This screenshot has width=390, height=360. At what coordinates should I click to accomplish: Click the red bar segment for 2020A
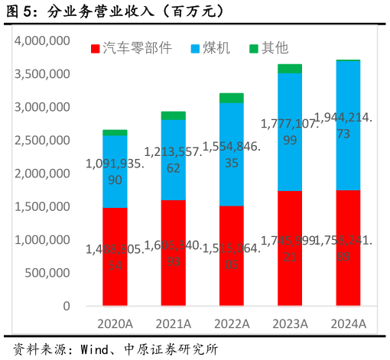[115, 256]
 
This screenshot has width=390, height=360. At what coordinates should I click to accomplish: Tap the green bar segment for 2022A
[231, 98]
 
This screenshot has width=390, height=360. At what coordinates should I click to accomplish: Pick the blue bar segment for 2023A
[289, 131]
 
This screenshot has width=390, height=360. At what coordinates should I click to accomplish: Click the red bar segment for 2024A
[348, 248]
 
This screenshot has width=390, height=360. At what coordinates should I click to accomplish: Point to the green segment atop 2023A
[289, 69]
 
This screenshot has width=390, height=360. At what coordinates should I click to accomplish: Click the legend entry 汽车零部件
[130, 48]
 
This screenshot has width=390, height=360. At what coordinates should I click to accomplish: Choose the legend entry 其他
[268, 48]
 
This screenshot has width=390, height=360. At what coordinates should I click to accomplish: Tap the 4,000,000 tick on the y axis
[43, 41]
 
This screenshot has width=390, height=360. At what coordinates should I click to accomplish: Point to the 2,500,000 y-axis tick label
[43, 140]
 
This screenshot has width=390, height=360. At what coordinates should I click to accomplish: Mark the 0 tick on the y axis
[67, 306]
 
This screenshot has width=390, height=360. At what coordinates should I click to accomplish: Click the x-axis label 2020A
[115, 324]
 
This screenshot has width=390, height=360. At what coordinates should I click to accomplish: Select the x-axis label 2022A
[231, 324]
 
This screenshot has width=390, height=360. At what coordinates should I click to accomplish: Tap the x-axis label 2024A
[348, 324]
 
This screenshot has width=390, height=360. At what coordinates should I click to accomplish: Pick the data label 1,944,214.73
[348, 126]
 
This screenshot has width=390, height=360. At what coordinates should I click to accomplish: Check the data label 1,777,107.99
[289, 131]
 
